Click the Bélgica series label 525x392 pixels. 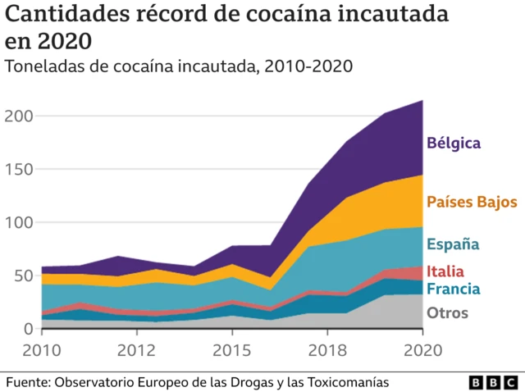[x=453, y=143]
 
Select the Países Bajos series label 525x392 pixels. [x=472, y=201]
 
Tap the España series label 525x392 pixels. [x=453, y=244]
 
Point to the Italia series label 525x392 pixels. [x=445, y=271]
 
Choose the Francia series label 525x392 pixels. [x=453, y=289]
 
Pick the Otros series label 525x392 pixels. [x=447, y=312]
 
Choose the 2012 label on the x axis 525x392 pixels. [x=137, y=351]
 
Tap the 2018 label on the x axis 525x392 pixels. [x=328, y=351]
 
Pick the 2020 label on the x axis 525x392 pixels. [x=423, y=351]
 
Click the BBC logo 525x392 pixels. [x=492, y=383]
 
